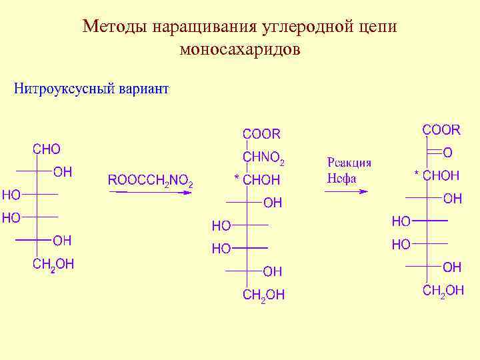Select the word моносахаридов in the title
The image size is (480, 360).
[x=240, y=49]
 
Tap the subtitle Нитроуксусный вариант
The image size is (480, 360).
[x=91, y=89]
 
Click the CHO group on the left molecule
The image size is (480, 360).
[x=47, y=149]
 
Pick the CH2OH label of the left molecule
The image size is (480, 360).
[x=53, y=265]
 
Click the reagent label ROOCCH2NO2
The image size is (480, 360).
[x=151, y=181]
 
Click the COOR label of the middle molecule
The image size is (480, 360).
[x=261, y=134]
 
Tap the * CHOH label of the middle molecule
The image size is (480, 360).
[x=257, y=180]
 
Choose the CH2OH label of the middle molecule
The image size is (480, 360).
[x=263, y=295]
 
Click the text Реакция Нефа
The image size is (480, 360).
[x=349, y=170]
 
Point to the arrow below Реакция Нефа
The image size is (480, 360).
[x=346, y=191]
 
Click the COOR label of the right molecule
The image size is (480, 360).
[x=441, y=129]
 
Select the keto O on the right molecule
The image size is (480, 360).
[x=447, y=153]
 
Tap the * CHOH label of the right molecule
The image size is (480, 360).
[x=437, y=175]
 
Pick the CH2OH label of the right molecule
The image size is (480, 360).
[x=443, y=289]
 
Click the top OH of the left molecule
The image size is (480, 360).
[x=63, y=172]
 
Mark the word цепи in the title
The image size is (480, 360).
[x=379, y=27]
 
